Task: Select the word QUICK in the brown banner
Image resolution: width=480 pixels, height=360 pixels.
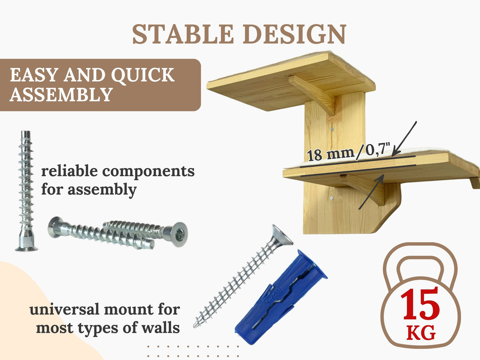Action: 143,75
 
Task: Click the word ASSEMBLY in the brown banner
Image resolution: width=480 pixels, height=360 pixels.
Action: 61,94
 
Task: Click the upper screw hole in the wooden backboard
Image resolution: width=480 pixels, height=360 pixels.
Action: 332,129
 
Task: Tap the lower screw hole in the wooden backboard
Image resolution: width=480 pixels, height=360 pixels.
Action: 332,198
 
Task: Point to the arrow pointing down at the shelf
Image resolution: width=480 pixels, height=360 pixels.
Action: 404,139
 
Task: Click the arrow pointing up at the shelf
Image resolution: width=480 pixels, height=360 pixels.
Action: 371,192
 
